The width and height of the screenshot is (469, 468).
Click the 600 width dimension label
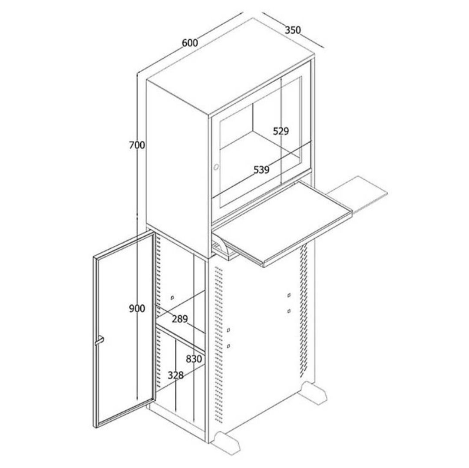tap(190, 43)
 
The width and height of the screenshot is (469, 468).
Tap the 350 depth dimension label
tap(293, 30)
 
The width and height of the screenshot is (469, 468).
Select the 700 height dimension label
tap(137, 145)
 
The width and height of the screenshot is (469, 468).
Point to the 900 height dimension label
tap(137, 308)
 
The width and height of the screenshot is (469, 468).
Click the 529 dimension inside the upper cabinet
tap(281, 131)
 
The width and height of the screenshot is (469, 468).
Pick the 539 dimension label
tap(261, 170)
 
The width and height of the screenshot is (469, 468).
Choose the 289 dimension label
tap(180, 319)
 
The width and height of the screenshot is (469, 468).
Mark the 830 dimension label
tap(194, 359)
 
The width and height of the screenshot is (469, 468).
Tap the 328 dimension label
tap(175, 375)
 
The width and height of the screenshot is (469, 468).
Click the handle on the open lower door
tap(99, 341)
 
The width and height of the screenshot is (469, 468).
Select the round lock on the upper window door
tap(216, 167)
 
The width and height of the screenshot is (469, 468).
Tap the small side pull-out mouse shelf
tap(357, 193)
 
